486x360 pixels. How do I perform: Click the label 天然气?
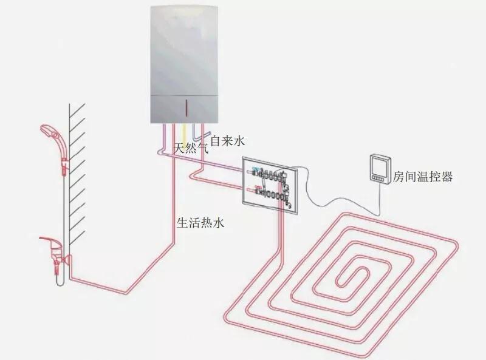point(191,148)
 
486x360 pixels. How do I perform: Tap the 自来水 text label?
point(227,141)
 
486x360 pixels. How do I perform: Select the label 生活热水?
point(200,223)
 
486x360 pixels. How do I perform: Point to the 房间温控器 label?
point(423,177)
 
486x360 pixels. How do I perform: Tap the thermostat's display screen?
point(377,165)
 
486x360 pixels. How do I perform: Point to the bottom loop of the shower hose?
point(58,283)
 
